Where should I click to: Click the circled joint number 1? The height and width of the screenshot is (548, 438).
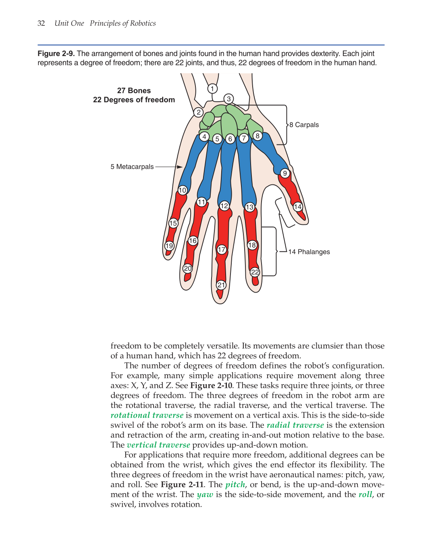tap(212, 89)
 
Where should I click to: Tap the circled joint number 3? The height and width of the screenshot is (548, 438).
tap(229, 99)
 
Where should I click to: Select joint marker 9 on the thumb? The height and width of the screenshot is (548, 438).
tap(285, 174)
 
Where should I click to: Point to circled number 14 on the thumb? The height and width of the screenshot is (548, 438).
tap(298, 207)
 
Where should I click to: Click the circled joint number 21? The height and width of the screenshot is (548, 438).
tap(221, 285)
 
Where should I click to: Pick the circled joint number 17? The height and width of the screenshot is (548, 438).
tap(222, 250)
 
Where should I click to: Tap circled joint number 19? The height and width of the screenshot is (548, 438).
tap(169, 246)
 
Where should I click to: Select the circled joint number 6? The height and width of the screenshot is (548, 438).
tap(230, 139)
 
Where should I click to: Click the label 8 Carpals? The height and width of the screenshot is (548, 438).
tap(304, 125)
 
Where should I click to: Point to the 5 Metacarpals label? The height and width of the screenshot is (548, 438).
tap(132, 167)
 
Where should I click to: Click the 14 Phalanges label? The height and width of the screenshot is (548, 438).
tap(309, 252)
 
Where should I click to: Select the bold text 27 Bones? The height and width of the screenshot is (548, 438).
tap(134, 91)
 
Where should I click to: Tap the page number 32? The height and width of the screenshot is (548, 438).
tap(41, 23)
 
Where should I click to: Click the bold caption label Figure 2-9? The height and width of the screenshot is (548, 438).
tap(56, 54)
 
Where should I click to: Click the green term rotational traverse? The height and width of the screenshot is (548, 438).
tap(147, 415)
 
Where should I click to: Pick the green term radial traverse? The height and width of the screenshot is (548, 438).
tap(295, 425)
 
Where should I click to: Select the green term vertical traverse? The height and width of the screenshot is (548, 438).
tap(158, 445)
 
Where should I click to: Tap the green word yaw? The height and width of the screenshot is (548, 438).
tap(205, 495)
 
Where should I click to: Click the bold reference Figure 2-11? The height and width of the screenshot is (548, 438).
tap(182, 485)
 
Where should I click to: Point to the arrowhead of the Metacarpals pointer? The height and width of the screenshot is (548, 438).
tap(181, 167)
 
